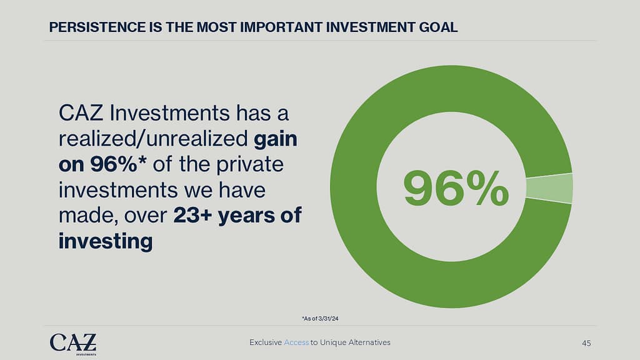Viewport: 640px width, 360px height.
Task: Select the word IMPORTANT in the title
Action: pos(281,27)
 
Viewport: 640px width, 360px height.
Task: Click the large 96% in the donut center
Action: pos(456,188)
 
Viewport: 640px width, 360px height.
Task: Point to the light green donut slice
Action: pos(549,188)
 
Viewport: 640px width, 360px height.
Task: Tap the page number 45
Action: pos(586,343)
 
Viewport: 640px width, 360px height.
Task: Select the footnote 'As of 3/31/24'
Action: pos(321,318)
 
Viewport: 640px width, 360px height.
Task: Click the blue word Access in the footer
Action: pos(296,342)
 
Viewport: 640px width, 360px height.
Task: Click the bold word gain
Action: pos(276,139)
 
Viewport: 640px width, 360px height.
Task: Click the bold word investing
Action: pos(106,241)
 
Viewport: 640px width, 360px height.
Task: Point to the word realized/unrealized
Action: pos(153,139)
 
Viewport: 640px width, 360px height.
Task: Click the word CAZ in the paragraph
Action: pos(81,113)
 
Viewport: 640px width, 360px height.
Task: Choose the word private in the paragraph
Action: pos(250,164)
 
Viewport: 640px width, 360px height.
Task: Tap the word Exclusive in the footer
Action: pos(266,342)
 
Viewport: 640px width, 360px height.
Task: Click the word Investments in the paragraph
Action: pos(170,113)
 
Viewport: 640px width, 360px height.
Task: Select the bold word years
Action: pos(246,216)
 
